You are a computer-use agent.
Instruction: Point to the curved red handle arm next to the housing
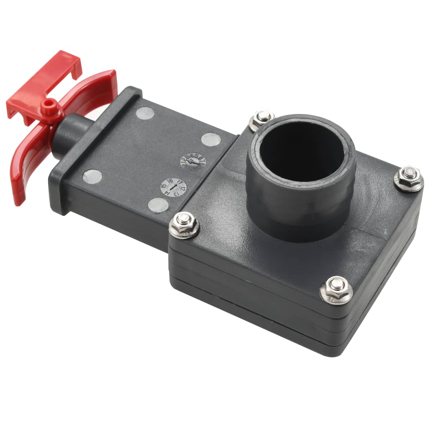pos(94,90)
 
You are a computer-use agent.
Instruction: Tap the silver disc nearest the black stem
pos(146,113)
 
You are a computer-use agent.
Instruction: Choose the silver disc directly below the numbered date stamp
pos(158,205)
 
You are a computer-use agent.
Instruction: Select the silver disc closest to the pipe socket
pos(210,139)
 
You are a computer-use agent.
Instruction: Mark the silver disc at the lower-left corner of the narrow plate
pos(92,176)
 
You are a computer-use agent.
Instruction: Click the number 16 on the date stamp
pos(170,181)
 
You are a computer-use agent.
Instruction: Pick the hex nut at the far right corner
pos(408,178)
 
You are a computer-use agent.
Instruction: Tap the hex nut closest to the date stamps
pos(184,225)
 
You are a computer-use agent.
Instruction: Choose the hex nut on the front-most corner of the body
pos(336,289)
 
